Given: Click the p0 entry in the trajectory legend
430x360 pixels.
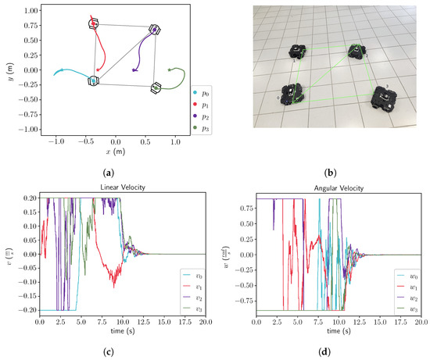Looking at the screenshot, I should (202, 93).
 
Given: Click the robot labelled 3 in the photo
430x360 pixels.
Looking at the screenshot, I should (385, 97).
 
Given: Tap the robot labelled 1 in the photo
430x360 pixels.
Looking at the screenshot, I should (298, 52).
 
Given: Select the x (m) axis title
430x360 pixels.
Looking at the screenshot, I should (115, 152).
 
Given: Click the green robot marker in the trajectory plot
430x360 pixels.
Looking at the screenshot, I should (156, 88).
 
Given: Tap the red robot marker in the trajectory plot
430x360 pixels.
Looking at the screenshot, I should (95, 25).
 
